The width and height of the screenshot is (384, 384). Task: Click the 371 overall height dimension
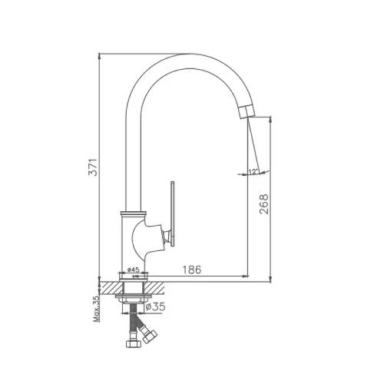point(93,167)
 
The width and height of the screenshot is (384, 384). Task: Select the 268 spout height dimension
point(263,204)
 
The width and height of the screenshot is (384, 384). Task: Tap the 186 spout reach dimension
point(192,270)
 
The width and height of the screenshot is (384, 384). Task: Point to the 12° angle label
point(253,171)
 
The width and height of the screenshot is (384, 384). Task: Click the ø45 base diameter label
point(133,270)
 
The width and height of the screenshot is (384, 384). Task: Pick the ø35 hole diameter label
point(155,306)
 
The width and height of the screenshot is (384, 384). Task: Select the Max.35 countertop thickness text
point(96,309)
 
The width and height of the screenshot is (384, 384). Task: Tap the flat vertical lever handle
point(173,214)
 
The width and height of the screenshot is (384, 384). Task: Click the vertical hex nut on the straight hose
point(134,343)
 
